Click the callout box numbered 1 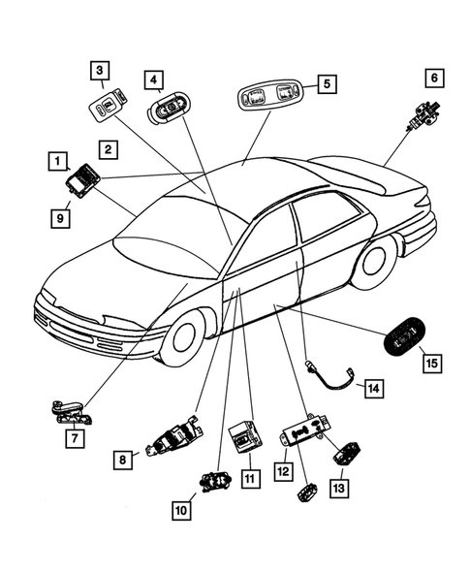(59, 159)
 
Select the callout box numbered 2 (108, 149)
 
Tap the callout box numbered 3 (101, 70)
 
